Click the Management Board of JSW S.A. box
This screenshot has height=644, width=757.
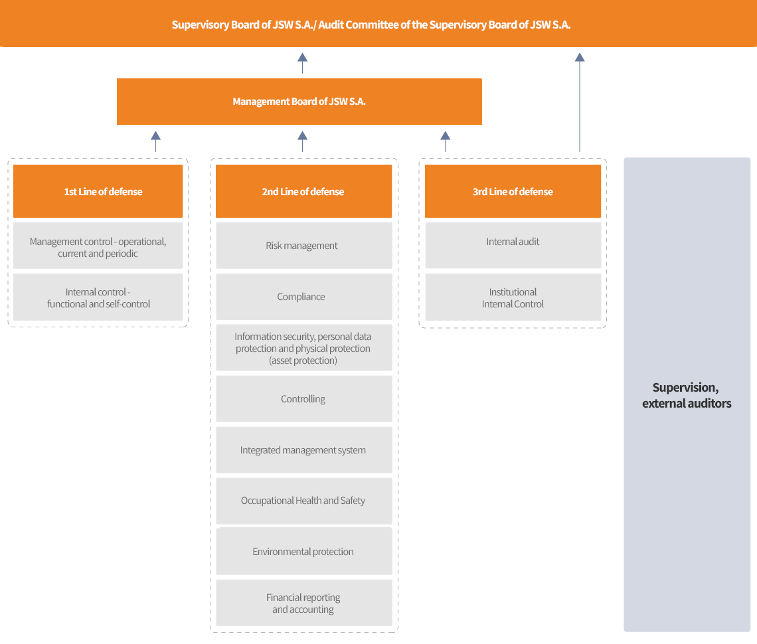299,102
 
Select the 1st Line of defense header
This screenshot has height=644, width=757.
98,191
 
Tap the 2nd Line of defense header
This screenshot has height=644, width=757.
303,191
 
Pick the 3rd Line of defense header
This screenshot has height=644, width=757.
513,191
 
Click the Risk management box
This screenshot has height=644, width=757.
303,245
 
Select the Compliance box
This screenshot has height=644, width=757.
303,296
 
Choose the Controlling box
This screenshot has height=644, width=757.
303,399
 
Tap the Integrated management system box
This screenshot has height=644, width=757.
303,450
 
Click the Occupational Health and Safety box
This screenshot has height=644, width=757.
303,501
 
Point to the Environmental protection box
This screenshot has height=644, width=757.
303,551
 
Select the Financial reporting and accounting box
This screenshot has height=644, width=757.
303,603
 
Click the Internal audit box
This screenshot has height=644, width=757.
513,245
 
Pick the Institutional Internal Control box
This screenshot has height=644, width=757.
513,297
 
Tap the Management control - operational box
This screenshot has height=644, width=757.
98,245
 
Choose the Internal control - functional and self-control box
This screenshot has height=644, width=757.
98,297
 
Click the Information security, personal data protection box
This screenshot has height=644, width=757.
303,348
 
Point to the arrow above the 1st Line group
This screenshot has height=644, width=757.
155,141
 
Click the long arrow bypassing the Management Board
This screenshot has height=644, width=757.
580,102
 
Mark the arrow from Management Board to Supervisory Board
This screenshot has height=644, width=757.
302,63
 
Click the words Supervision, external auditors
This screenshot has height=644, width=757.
687,396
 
